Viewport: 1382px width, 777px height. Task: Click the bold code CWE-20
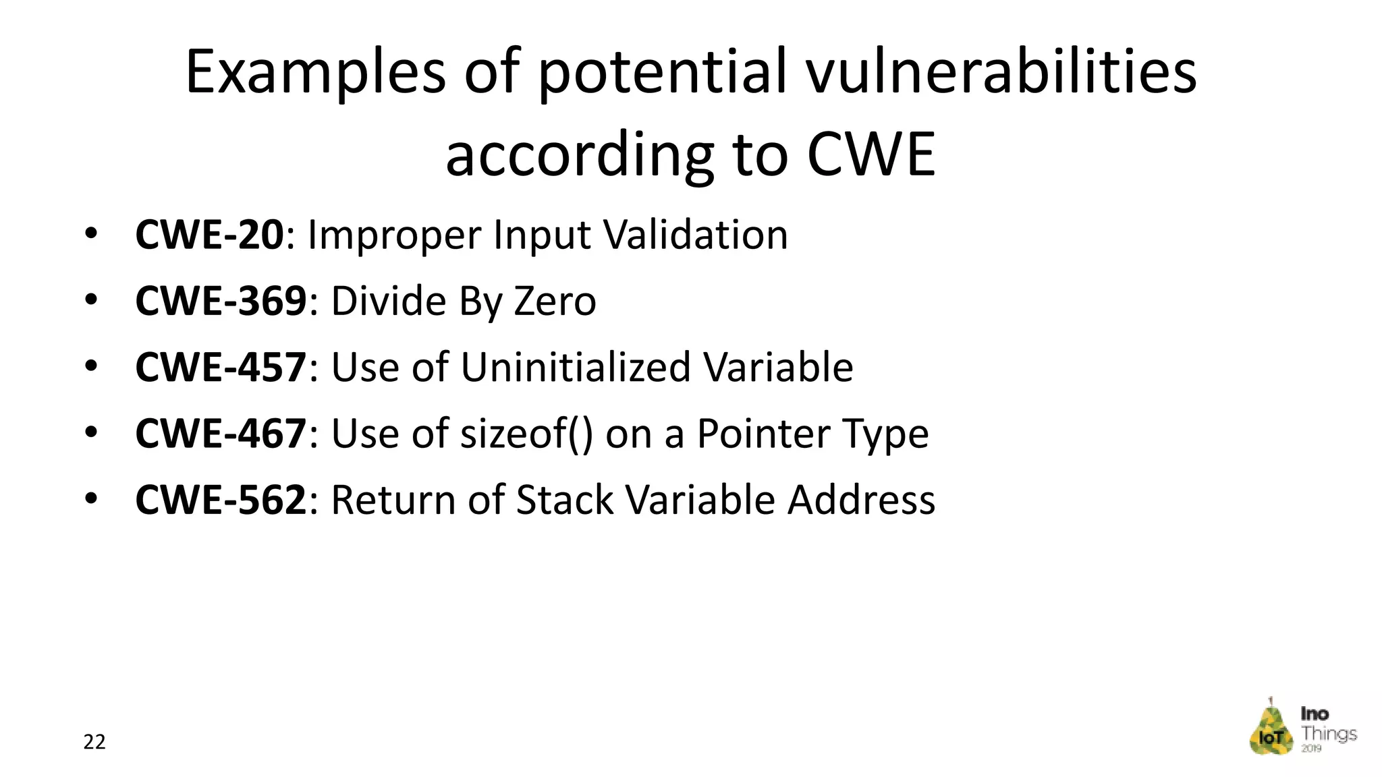(209, 235)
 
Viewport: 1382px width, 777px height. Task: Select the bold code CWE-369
(221, 301)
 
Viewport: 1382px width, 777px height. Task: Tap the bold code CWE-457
(221, 368)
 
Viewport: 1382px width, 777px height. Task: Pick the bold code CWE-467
(221, 434)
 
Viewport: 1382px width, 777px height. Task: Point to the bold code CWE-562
(221, 500)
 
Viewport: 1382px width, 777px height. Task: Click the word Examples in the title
(315, 73)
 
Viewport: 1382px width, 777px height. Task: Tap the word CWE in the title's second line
(871, 154)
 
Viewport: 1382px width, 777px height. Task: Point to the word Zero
(555, 301)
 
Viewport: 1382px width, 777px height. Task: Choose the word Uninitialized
(575, 368)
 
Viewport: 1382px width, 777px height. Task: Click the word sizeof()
(526, 434)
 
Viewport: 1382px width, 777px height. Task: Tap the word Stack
(565, 500)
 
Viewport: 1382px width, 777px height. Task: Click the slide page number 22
(94, 742)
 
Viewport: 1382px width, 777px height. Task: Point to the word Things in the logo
(1329, 734)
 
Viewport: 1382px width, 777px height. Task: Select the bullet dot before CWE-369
(91, 300)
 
